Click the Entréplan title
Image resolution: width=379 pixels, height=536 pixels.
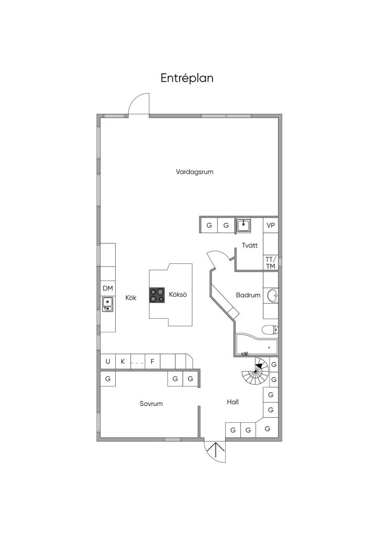pos(187,78)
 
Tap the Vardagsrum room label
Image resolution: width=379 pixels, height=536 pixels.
pos(195,172)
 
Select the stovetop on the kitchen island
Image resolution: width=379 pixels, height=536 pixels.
pos(157,295)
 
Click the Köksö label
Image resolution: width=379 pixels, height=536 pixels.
pos(178,295)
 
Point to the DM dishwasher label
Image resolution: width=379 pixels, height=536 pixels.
pos(107,288)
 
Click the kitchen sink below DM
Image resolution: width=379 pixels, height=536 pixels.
pos(107,303)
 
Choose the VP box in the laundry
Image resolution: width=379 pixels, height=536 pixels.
pos(271,226)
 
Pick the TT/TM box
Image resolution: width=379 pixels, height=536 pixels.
pos(270,263)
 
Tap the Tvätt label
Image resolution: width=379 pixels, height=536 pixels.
pos(249,245)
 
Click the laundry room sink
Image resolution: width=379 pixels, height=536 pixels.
pos(243,225)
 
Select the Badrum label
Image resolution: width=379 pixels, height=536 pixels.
pos(248,295)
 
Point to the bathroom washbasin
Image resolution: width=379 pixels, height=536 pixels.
pos(272,296)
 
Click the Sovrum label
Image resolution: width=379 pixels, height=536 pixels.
pos(151,404)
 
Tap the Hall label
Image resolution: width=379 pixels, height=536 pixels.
pos(233,402)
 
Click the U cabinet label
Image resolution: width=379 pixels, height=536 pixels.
pos(108,361)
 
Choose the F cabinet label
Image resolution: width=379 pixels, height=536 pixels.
pos(152,361)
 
